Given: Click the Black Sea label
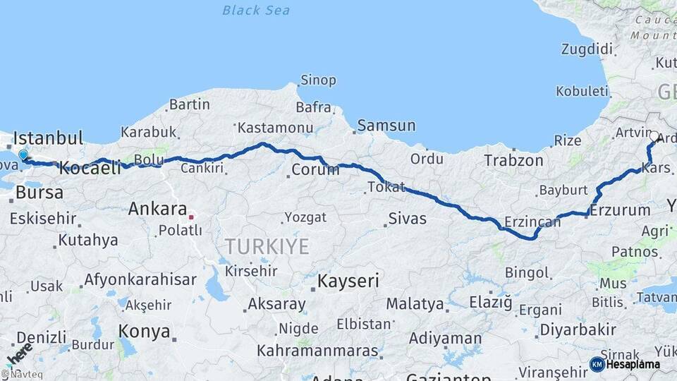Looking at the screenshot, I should [256, 10].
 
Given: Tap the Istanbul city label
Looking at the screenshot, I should [48, 138].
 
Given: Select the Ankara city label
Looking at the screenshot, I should [157, 209].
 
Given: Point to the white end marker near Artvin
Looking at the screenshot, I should [654, 137].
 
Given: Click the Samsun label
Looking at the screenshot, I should [386, 126].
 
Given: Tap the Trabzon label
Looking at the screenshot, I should [513, 160].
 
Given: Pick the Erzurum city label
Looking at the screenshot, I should [620, 210].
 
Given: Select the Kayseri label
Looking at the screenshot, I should [348, 281].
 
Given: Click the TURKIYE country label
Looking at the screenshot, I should [267, 246].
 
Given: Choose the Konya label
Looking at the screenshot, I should [144, 331].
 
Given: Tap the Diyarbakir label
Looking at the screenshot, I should [578, 329].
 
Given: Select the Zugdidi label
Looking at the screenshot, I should [587, 49].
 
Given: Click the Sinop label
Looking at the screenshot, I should [318, 80].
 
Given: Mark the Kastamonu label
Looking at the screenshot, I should [275, 128].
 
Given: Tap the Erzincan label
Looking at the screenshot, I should [532, 222].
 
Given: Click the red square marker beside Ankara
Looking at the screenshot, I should [190, 217].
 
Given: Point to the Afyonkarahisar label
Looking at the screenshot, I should [140, 279].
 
